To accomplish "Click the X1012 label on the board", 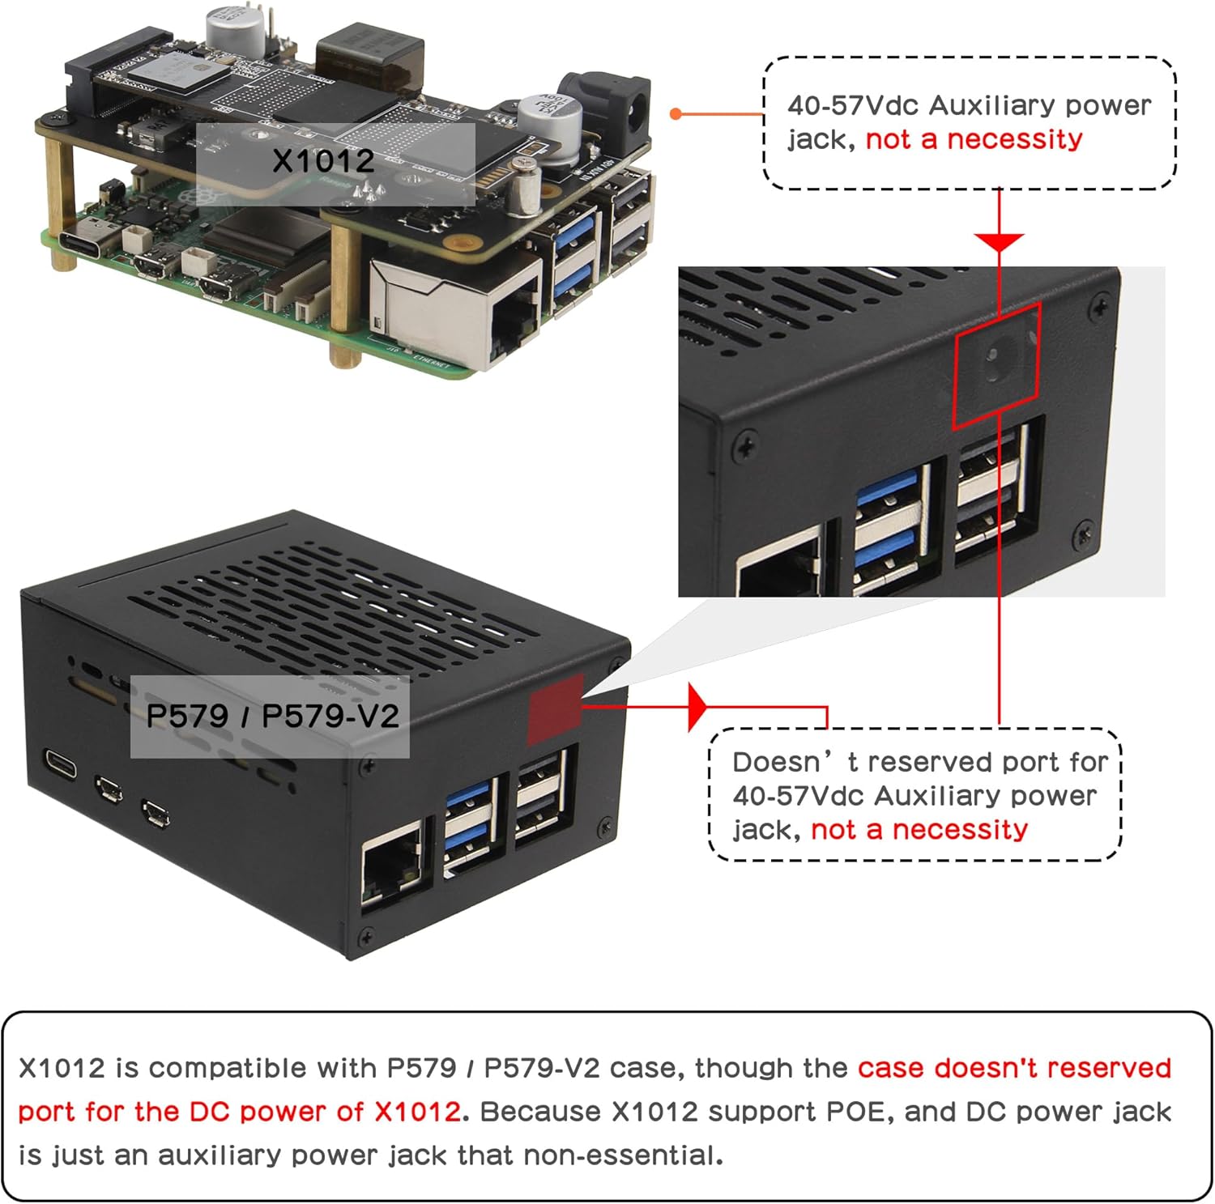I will (x=324, y=161).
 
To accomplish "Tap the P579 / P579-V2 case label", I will (x=272, y=717).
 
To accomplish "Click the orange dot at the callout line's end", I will (x=676, y=114).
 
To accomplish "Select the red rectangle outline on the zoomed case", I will (x=996, y=365).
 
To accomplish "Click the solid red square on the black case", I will (x=555, y=708).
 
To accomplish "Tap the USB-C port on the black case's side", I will (x=61, y=763).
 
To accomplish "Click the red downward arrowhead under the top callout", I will (x=999, y=242).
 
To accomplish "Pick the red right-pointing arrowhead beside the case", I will (x=697, y=707).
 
